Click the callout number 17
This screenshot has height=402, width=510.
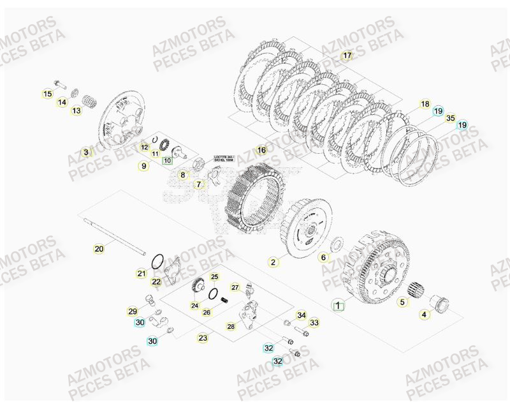(347, 56)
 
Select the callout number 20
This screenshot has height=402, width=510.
(99, 249)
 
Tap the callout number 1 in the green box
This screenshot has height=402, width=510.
(339, 305)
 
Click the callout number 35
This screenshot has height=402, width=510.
(450, 118)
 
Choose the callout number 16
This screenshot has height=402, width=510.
(261, 150)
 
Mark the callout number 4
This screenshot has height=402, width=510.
(425, 313)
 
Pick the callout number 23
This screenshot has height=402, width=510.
(203, 338)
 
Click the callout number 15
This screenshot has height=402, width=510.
(47, 94)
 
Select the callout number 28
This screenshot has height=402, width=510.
(231, 327)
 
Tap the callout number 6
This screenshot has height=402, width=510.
(323, 257)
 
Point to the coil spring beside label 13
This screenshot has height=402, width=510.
(89, 101)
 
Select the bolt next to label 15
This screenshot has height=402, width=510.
(61, 83)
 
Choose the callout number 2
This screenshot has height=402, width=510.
(273, 262)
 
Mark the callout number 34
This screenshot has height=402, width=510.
(302, 315)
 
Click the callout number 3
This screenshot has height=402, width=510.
(86, 152)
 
